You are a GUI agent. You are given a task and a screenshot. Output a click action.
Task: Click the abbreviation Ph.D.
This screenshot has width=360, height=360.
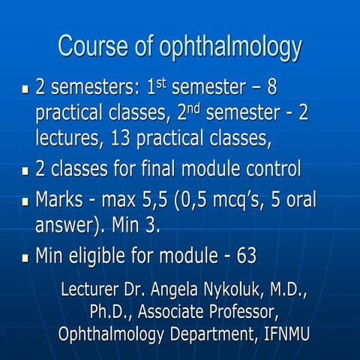(x=109, y=311)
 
